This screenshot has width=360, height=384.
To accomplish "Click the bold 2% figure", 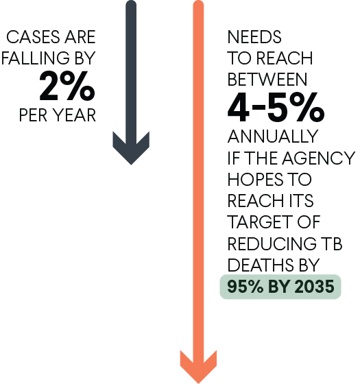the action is [x=67, y=86].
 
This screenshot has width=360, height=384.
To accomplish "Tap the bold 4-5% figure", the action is [x=276, y=107].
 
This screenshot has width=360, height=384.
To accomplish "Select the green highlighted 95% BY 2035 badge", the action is [x=280, y=287].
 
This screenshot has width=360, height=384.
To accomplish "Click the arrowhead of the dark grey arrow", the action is [x=131, y=148].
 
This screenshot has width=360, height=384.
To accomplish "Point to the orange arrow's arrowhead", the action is [x=198, y=367].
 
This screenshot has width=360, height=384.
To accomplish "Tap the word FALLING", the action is [x=35, y=58].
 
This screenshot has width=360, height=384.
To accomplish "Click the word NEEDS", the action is [x=254, y=37].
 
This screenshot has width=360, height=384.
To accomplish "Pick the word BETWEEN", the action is [x=267, y=80].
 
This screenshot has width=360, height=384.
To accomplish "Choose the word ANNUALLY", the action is [x=273, y=136].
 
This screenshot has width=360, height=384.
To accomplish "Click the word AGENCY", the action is [x=319, y=158].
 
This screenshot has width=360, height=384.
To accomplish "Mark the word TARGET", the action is [x=259, y=222].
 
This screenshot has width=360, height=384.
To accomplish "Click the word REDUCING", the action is [x=272, y=243].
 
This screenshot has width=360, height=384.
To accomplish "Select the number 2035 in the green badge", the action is [x=314, y=287].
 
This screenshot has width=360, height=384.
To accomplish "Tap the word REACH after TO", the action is [x=285, y=58].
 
